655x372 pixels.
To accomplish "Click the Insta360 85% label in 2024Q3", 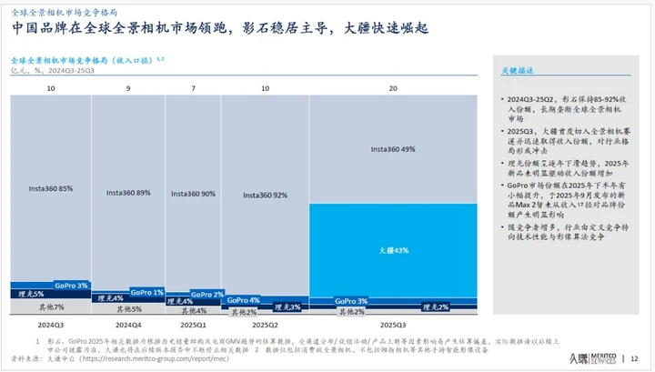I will pos(51,189).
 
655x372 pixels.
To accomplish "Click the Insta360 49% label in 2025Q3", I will pos(393,149).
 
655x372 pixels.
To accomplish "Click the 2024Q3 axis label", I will pos(51,324).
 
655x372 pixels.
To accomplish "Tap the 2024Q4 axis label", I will pos(128,324).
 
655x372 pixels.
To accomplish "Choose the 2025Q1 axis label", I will pos(193,324).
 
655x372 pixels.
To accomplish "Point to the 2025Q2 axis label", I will pos(265,324).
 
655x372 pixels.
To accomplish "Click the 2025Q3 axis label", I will pos(393,324).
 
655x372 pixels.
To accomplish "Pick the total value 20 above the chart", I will pos(393,87).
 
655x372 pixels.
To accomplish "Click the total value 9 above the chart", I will pos(128,87).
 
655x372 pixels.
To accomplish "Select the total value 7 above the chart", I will pos(193,87).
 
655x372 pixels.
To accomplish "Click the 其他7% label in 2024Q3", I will pos(51,308).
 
